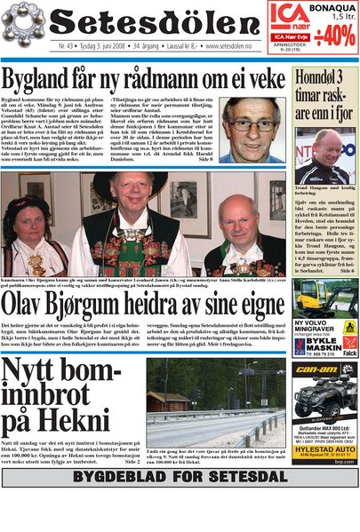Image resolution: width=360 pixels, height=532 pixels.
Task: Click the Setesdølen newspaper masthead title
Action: pyautogui.click(x=148, y=21)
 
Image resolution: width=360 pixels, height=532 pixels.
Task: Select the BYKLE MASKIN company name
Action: pyautogui.click(x=330, y=339)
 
